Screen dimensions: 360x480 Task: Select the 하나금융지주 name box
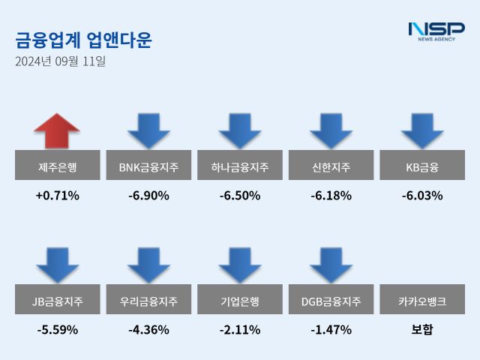240,166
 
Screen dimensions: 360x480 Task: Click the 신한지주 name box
331,166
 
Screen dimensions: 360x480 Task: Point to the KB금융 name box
422,166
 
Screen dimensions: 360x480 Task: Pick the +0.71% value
57,196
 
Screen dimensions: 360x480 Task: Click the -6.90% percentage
148,196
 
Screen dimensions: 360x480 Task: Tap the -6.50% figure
240,196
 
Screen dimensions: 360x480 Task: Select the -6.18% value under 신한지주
331,196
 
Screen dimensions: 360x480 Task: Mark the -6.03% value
422,196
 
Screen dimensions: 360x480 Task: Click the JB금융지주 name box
57,301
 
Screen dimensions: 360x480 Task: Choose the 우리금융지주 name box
148,301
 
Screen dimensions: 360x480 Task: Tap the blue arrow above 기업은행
240,265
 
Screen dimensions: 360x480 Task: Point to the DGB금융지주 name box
331,301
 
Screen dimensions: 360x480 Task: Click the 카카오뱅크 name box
422,301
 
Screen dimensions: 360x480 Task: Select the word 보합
422,329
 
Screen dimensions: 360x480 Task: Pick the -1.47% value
331,329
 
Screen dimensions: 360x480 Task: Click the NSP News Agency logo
436,31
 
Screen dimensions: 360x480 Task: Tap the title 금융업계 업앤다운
82,40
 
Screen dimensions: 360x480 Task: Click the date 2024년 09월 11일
60,61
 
